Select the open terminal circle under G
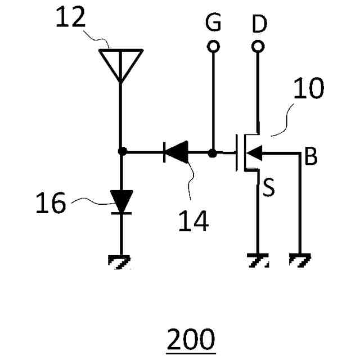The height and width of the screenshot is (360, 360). click(x=213, y=47)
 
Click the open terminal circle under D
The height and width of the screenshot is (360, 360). click(x=258, y=47)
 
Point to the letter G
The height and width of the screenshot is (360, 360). click(x=213, y=24)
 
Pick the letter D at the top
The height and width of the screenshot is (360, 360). click(x=259, y=24)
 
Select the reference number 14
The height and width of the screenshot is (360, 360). click(x=193, y=221)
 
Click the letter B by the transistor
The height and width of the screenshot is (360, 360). click(x=310, y=157)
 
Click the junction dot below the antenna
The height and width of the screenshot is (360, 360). click(x=121, y=152)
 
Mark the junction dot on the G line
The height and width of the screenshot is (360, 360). click(x=213, y=152)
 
